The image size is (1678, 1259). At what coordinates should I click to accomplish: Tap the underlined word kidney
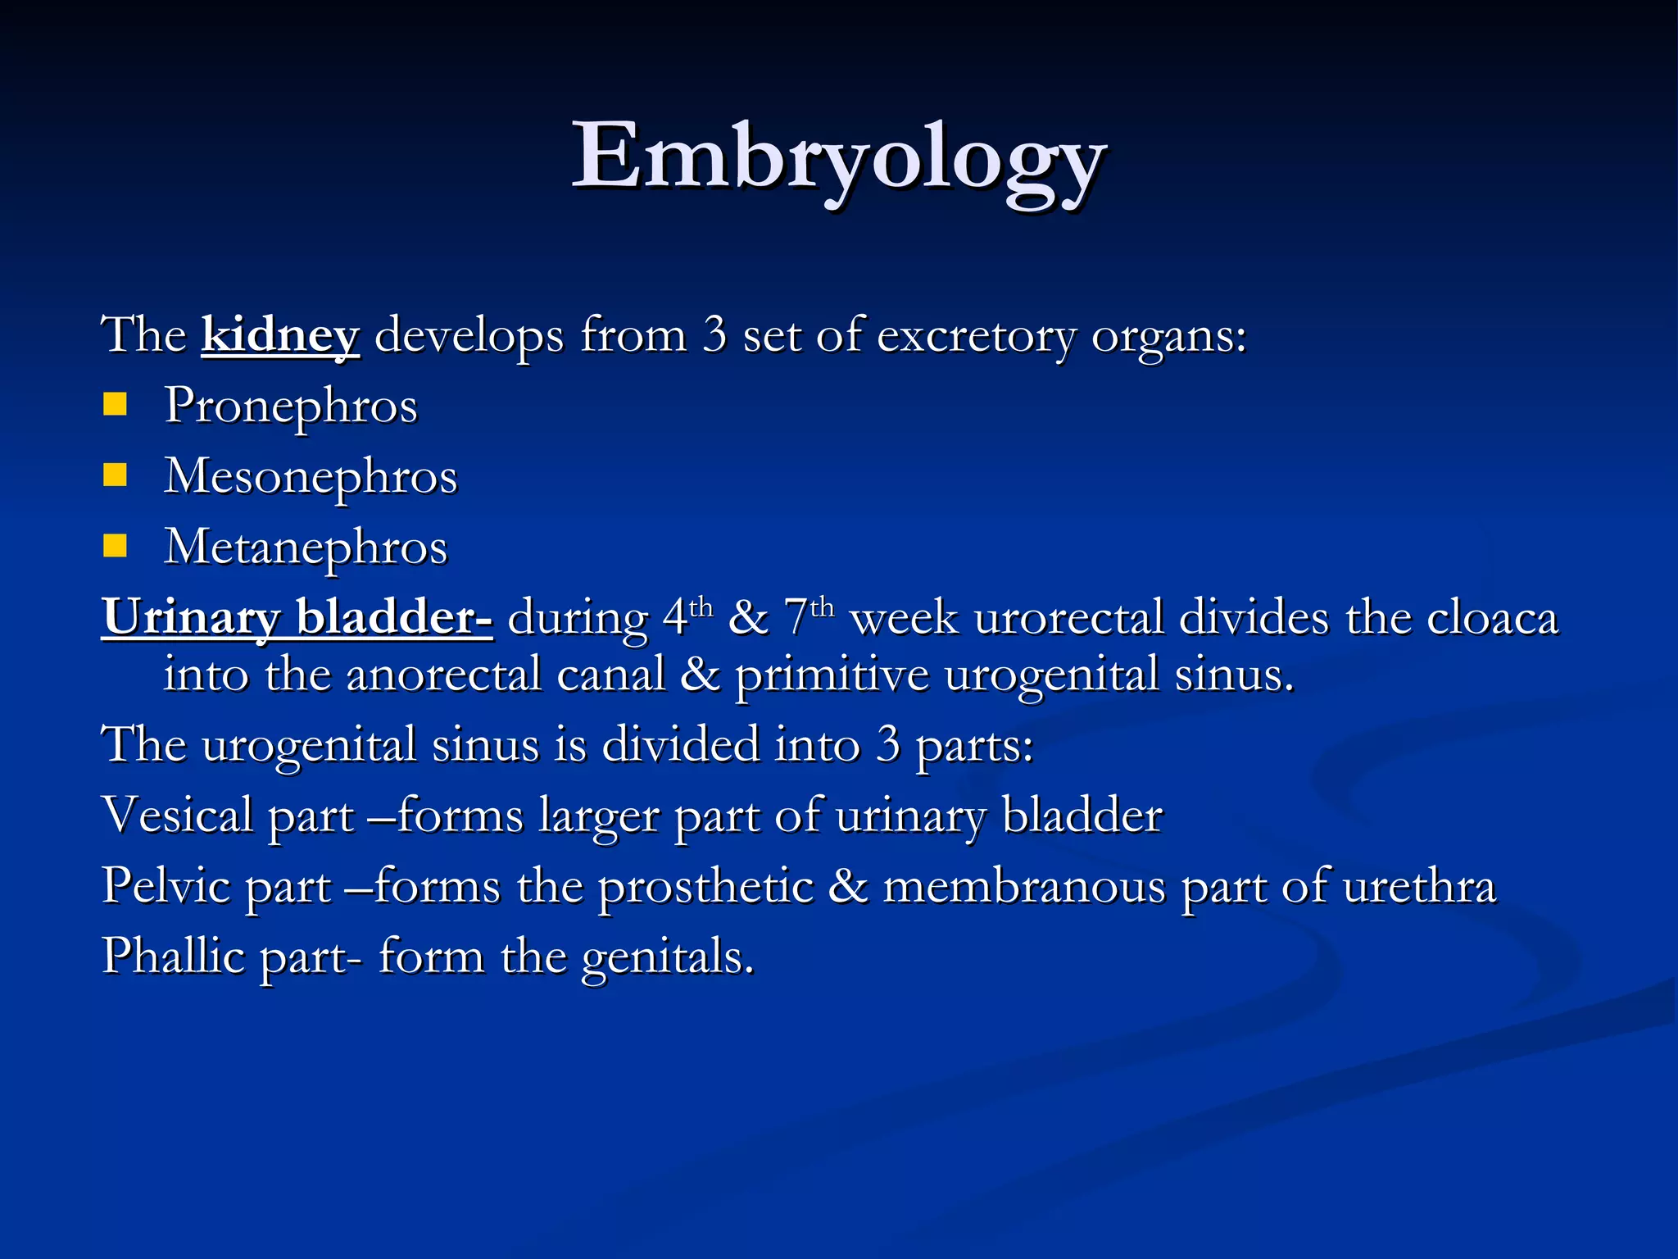pos(280,335)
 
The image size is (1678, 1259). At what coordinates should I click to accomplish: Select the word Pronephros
pos(291,406)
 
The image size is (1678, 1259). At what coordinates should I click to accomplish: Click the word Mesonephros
pos(311,476)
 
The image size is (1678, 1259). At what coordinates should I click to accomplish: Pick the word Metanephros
pos(306,547)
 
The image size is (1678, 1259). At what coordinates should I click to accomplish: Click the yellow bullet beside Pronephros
pos(116,405)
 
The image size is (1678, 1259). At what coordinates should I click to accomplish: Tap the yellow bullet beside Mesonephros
pos(116,475)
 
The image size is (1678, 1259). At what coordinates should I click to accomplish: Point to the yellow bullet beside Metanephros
pos(116,546)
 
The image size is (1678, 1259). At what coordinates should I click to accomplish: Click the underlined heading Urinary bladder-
pos(297,617)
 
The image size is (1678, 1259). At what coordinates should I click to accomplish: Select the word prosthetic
pos(705,887)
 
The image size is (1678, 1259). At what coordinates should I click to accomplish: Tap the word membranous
pos(1023,887)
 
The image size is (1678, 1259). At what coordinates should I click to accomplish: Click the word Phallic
pos(173,957)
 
